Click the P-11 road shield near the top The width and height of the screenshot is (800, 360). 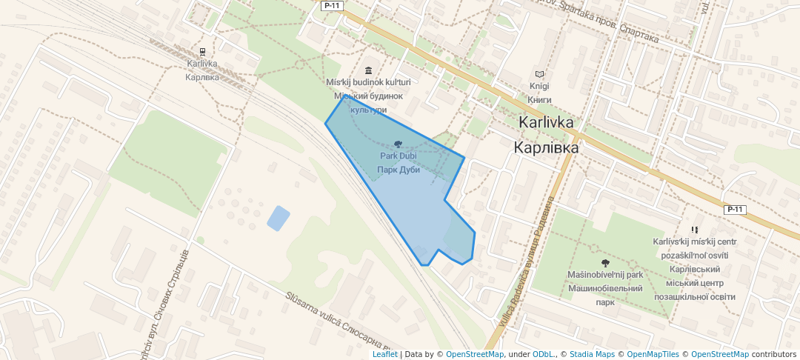pos(331,5)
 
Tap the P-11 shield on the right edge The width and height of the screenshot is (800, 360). pos(735,210)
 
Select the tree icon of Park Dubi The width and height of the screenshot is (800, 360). pos(399,144)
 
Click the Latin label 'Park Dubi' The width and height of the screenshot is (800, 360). pos(399,156)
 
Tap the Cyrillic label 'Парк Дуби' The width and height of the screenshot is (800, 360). pos(399,170)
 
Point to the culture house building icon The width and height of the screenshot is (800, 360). pos(368,69)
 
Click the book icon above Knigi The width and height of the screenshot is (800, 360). pos(539,74)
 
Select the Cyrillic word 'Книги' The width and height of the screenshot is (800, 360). pos(539,99)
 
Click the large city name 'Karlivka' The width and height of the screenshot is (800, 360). pos(547,122)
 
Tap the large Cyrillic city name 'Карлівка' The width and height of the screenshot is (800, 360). pos(547,147)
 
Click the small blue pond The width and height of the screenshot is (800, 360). pos(278,218)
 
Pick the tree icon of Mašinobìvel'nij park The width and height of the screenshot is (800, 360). pos(605,262)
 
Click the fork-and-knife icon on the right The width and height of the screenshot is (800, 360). pos(694,230)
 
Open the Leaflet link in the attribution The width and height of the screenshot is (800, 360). pos(384,354)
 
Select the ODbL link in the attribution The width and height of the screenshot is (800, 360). pos(544,354)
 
